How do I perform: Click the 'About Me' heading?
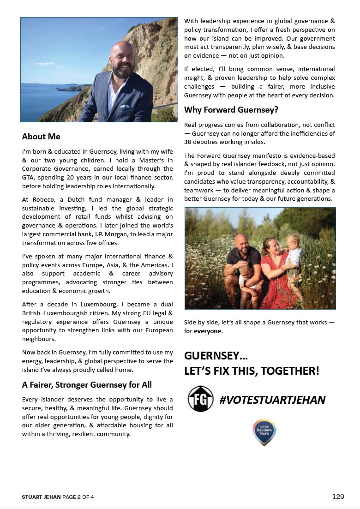41,137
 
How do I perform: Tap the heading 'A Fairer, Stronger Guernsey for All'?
87,385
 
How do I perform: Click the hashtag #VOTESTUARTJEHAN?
272,400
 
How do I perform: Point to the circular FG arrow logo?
200,399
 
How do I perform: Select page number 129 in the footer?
338,497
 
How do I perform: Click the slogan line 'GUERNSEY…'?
212,356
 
